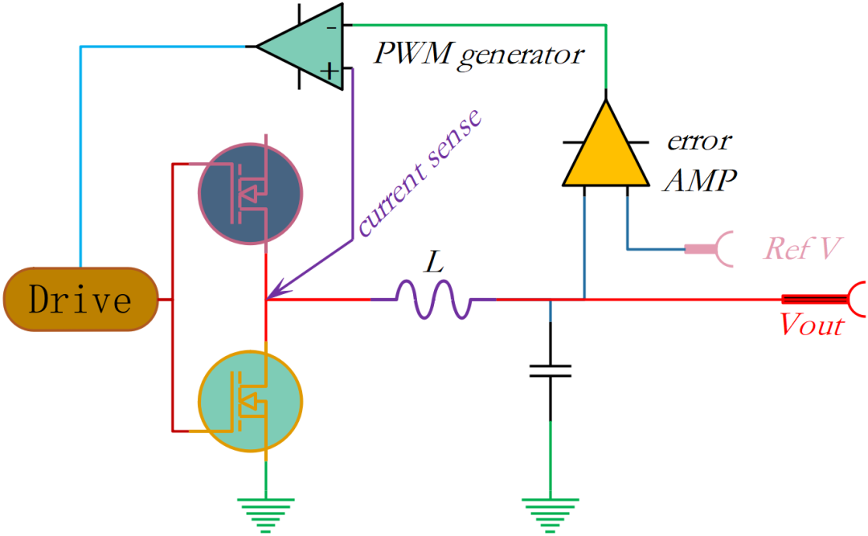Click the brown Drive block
(81, 300)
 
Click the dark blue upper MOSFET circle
(250, 193)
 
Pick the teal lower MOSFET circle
(250, 401)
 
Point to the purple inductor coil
(433, 299)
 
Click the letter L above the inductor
(435, 261)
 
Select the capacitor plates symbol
(551, 371)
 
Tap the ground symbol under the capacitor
(551, 515)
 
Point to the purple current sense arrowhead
(278, 290)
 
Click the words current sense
(419, 173)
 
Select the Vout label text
(812, 325)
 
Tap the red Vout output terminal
(824, 299)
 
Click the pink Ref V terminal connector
(710, 249)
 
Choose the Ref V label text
(803, 248)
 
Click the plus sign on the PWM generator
(330, 71)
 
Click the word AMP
(700, 180)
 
